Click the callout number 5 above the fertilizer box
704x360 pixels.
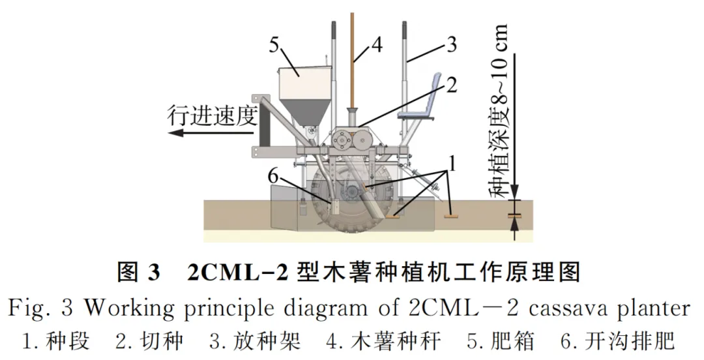(x=274, y=46)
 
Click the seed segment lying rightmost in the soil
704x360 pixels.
(x=448, y=215)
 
